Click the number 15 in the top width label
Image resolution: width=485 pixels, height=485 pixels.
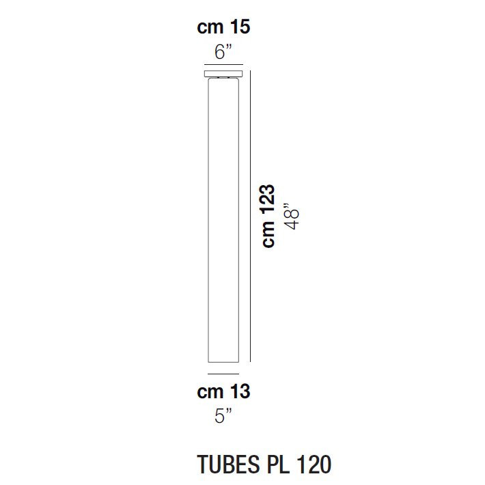click(x=239, y=27)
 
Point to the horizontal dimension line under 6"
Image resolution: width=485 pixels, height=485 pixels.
click(x=223, y=64)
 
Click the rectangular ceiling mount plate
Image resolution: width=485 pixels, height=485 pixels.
click(x=223, y=73)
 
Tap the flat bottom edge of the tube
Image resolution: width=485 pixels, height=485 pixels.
click(x=223, y=362)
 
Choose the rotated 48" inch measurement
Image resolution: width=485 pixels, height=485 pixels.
click(x=292, y=217)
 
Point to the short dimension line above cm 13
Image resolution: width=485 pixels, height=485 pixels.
click(x=223, y=374)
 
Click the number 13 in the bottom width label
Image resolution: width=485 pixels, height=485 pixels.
click(x=239, y=392)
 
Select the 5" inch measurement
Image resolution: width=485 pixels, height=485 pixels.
click(x=223, y=415)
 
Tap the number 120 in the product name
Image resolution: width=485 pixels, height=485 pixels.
click(x=314, y=464)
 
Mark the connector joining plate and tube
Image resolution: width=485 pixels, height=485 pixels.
click(x=223, y=79)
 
